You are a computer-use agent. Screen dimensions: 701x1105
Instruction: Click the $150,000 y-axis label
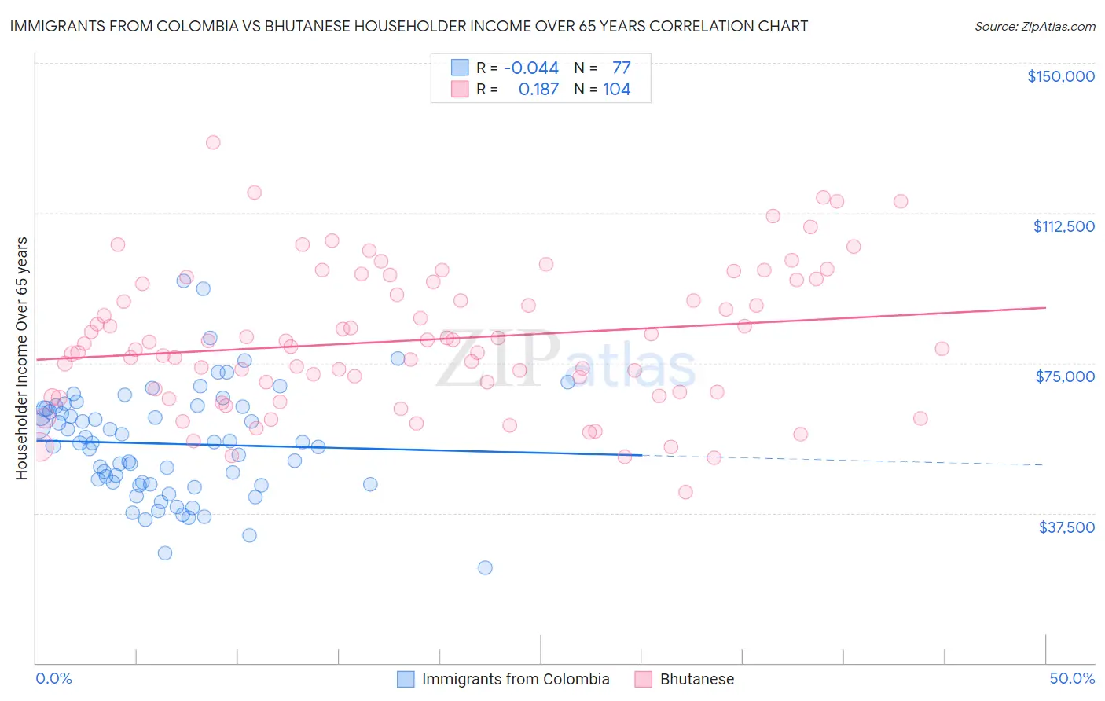click(x=1060, y=76)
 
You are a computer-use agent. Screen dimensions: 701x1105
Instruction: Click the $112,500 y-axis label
click(x=1063, y=226)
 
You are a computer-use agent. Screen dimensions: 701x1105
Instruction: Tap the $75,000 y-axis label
click(x=1065, y=376)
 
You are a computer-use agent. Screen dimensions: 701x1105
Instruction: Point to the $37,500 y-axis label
click(x=1066, y=527)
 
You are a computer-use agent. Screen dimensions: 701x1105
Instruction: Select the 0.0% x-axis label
click(x=53, y=678)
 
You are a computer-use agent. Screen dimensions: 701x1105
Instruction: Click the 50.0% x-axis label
click(x=1072, y=678)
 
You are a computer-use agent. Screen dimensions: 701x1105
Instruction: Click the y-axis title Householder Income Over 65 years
click(x=22, y=358)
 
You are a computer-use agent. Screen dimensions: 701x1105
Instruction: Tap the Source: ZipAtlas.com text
click(x=1035, y=27)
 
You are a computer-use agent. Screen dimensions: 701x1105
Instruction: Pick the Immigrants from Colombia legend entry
click(x=503, y=679)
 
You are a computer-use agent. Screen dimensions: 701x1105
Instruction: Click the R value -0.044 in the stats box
click(x=531, y=68)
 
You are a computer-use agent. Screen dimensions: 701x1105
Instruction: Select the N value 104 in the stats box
click(x=617, y=90)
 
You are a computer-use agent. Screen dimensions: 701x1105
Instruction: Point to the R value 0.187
click(x=538, y=90)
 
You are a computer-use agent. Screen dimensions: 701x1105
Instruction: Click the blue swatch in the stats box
click(x=460, y=68)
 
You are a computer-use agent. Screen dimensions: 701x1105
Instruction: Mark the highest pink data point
click(x=213, y=142)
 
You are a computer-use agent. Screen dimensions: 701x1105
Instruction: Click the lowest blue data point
click(x=485, y=567)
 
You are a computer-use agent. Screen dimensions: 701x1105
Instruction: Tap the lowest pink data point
click(x=685, y=492)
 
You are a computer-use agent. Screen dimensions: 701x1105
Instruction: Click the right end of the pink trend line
click(x=1045, y=307)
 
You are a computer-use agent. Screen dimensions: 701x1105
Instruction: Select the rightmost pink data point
click(x=942, y=349)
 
